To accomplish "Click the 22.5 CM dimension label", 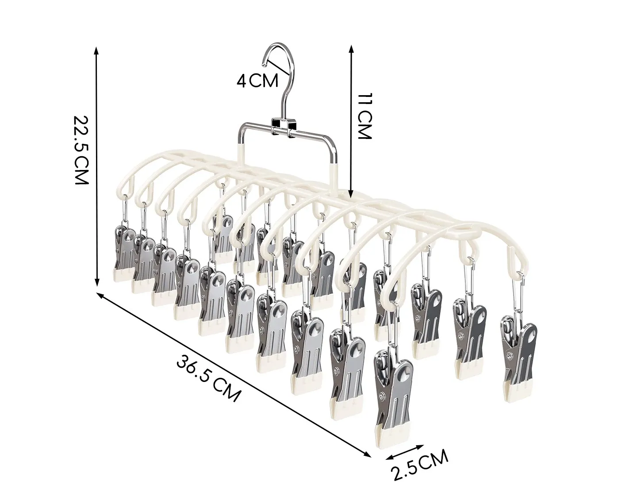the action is (x=81, y=150).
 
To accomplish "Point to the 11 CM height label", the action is (x=364, y=116).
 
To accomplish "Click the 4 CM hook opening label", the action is (x=257, y=81).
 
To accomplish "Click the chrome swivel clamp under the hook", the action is (x=284, y=127).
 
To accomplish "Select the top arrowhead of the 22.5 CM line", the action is (x=96, y=50).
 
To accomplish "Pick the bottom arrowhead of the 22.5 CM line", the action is (x=96, y=282).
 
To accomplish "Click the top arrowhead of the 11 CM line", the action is (x=351, y=50).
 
